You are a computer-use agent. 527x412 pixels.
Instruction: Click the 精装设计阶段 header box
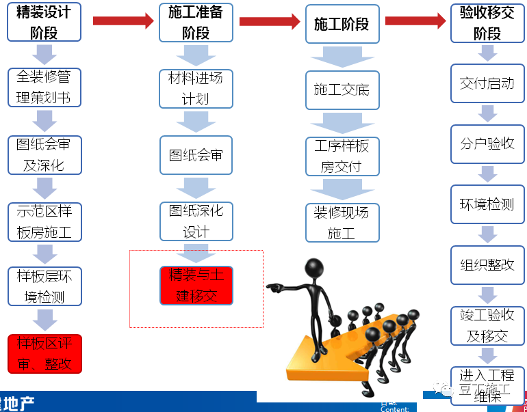[x=44, y=22]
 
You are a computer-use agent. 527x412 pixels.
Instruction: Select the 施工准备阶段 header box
[x=195, y=22]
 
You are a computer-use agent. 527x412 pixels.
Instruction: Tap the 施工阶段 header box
[x=341, y=24]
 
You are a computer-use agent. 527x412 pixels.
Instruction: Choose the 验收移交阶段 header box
[x=487, y=22]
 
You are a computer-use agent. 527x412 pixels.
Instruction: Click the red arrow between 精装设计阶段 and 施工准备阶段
[x=123, y=21]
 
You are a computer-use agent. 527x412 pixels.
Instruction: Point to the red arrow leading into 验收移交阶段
[x=415, y=21]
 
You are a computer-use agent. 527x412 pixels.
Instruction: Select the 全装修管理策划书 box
[x=44, y=87]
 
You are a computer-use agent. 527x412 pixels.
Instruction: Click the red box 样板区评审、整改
[x=44, y=353]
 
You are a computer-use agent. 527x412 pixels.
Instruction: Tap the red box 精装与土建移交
[x=196, y=286]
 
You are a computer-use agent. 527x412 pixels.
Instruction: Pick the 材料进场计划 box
[x=195, y=88]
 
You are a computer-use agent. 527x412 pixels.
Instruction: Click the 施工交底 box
[x=341, y=90]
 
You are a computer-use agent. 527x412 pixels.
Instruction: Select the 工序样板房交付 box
[x=341, y=156]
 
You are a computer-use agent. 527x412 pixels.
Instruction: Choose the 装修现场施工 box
[x=341, y=222]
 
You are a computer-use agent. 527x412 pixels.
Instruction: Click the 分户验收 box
[x=487, y=143]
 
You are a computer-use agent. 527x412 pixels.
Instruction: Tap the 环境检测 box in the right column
[x=487, y=204]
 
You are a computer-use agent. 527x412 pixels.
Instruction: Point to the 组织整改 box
[x=487, y=264]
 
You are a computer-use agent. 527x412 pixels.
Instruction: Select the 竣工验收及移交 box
[x=487, y=325]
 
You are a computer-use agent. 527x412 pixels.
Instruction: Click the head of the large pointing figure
[x=315, y=267]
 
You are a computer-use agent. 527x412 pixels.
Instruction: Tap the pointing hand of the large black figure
[x=274, y=287]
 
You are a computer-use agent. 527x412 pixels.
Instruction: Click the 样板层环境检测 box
[x=44, y=286]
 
